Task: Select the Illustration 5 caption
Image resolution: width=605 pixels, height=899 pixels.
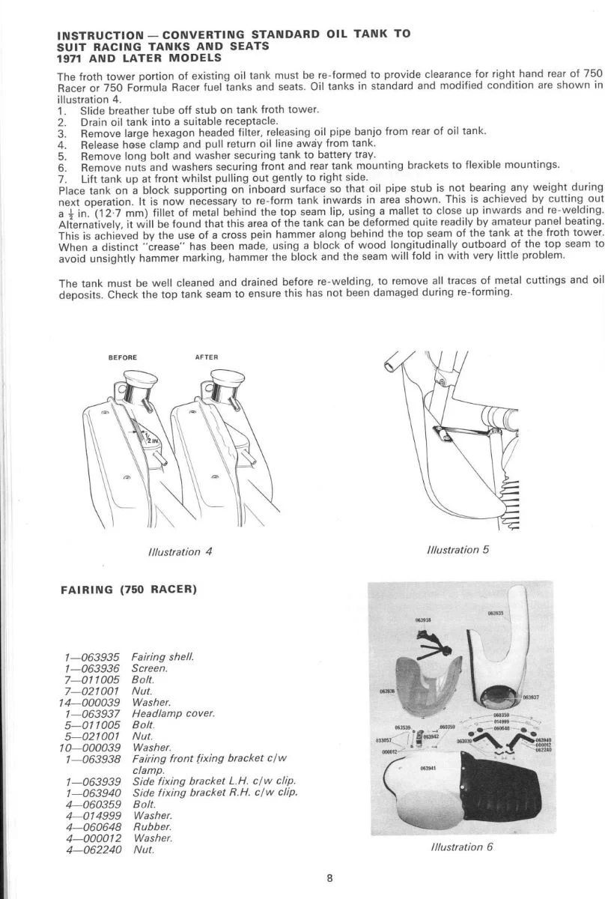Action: click(458, 550)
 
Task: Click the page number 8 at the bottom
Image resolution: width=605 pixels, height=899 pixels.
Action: click(329, 879)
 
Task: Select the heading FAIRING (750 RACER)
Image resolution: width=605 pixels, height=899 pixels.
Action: click(128, 589)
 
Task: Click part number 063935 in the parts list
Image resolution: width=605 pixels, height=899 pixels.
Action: click(97, 656)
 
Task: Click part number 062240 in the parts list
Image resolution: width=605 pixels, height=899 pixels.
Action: click(97, 850)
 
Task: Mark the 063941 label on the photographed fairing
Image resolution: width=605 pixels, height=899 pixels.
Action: click(428, 768)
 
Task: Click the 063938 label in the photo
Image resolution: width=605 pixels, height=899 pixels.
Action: click(423, 620)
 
